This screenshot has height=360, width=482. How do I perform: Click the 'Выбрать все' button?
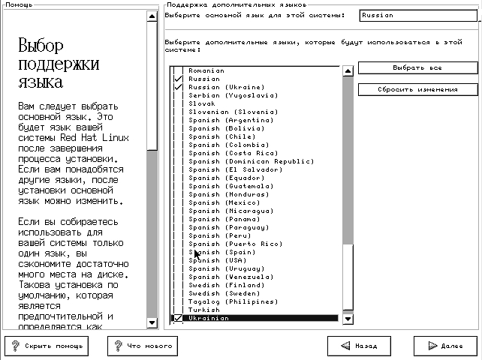pos(417,67)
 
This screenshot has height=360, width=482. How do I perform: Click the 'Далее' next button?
pos(446,346)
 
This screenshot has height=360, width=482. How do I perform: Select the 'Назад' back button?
pos(360,346)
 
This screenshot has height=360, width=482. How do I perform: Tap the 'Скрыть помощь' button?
pos(47,346)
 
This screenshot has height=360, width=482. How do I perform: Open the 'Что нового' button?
pos(143,346)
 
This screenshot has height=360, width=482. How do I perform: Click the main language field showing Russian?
pos(417,15)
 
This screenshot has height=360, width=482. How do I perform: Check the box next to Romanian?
pos(178,70)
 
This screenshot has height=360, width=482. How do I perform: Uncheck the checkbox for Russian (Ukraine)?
pos(178,87)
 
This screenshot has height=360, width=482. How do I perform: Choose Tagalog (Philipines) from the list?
pos(230,301)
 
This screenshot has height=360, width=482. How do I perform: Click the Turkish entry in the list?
pos(204,310)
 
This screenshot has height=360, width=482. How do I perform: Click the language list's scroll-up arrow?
pos(348,71)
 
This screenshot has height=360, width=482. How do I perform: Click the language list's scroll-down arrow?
pos(348,318)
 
